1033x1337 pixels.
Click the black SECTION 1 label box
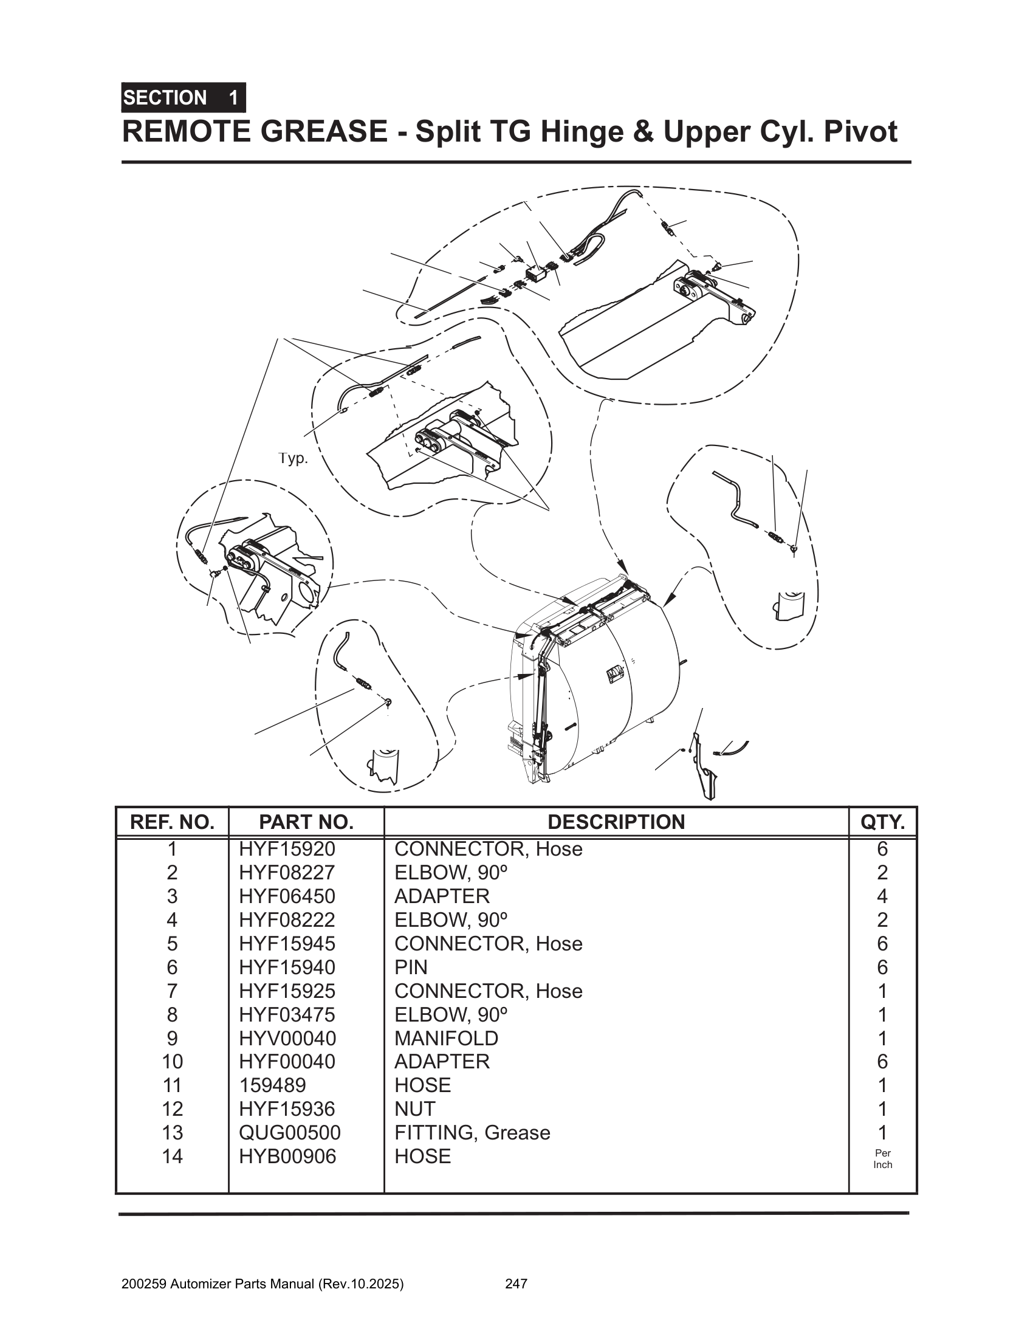(x=183, y=97)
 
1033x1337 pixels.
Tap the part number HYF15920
(x=287, y=849)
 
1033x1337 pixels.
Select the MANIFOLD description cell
(x=446, y=1038)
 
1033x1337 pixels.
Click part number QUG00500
(x=289, y=1133)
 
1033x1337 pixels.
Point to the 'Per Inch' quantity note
(x=882, y=1159)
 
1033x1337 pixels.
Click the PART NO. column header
(x=306, y=822)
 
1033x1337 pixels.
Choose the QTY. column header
(x=882, y=822)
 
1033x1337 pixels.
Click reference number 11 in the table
(x=172, y=1085)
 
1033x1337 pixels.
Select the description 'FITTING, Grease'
(x=472, y=1133)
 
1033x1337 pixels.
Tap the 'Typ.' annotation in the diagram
(x=293, y=458)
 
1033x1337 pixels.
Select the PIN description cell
(x=411, y=968)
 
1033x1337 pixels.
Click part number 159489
(x=272, y=1085)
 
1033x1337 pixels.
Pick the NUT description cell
(x=415, y=1108)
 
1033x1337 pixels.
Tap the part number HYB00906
(x=287, y=1156)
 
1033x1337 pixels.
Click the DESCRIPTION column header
(x=616, y=822)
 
